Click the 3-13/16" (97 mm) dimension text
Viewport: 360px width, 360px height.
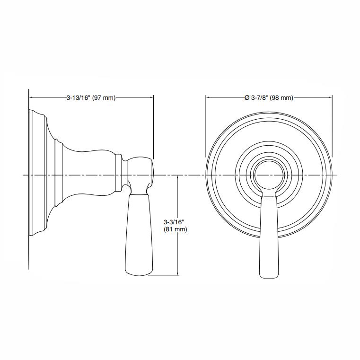[91, 97]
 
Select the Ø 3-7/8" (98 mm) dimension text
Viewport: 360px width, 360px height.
[269, 97]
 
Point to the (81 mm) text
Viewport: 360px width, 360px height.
[175, 229]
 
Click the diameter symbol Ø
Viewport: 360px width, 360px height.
[246, 97]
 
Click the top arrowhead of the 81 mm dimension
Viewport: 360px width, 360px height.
[177, 177]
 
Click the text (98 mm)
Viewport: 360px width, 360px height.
[282, 97]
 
